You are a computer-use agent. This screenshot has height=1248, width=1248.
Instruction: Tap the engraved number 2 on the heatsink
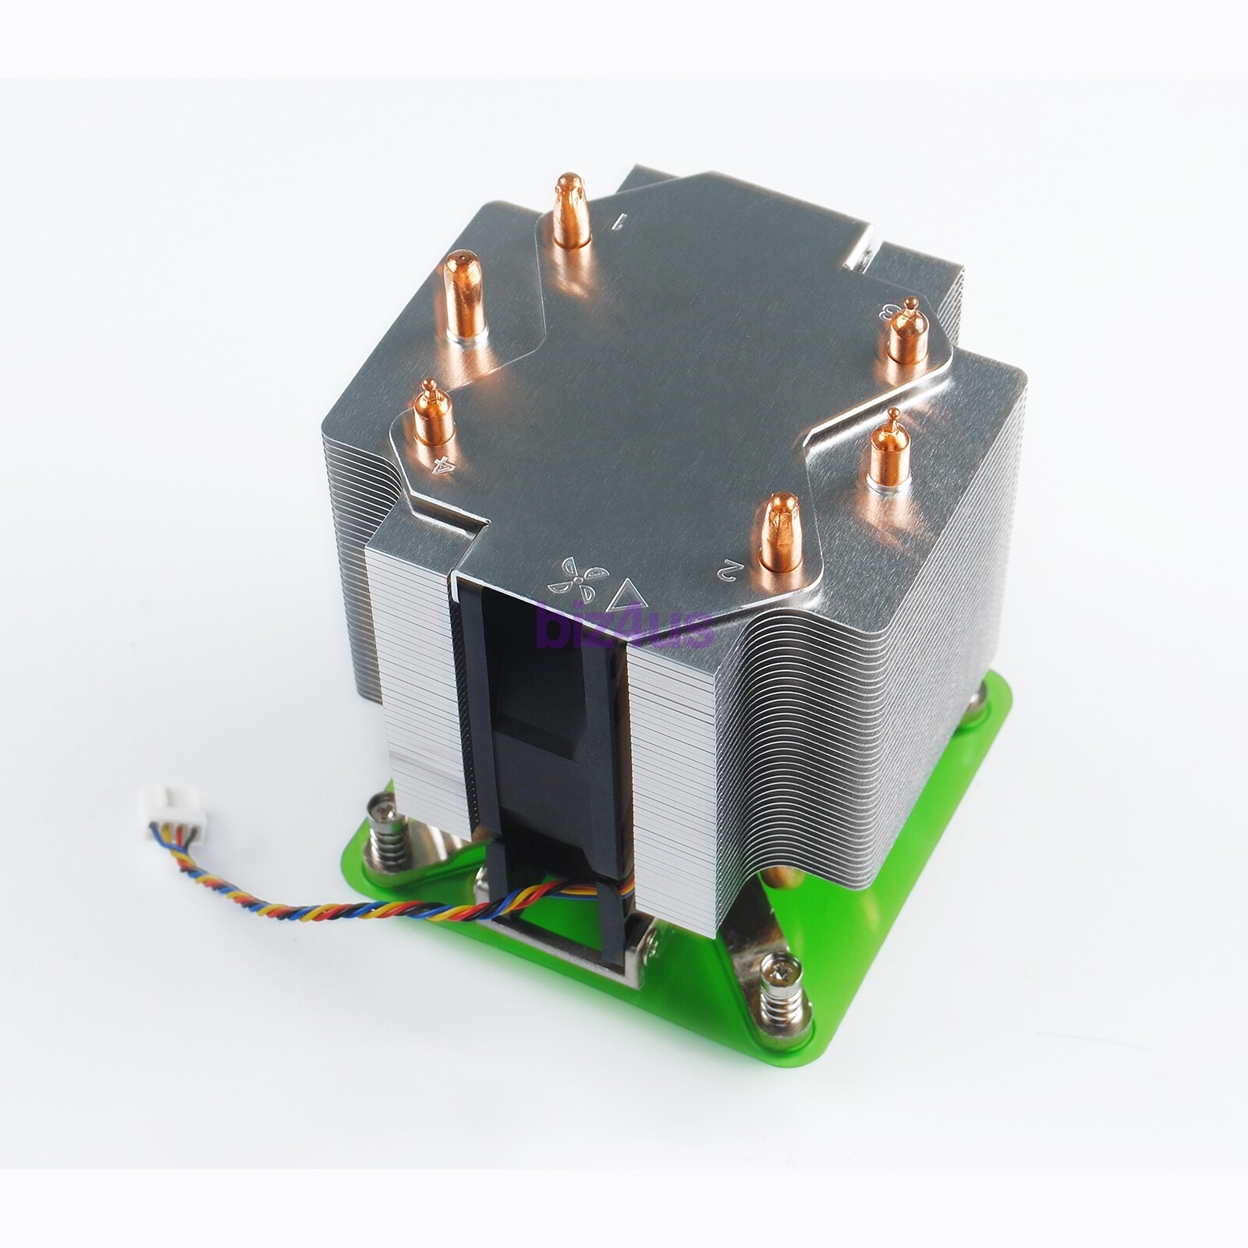coord(727,570)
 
